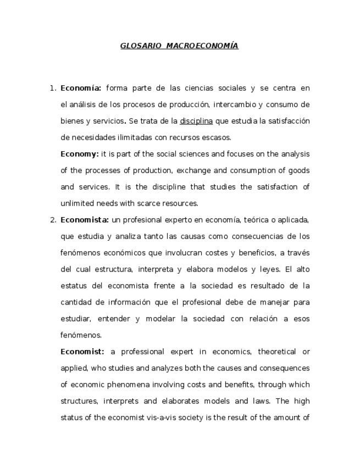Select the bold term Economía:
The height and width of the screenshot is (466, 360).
click(x=81, y=88)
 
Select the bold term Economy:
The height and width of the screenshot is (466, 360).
click(x=80, y=154)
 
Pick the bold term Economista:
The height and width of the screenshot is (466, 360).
click(x=85, y=220)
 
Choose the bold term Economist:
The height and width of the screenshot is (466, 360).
click(x=82, y=352)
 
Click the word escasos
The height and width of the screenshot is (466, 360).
click(x=217, y=137)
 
